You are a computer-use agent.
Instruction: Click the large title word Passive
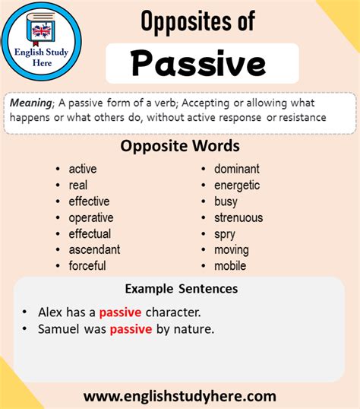point(199,63)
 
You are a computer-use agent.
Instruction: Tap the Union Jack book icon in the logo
point(41,29)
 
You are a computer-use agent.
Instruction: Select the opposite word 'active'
point(83,169)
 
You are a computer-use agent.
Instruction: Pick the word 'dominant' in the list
point(237,169)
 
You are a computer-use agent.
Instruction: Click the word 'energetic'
point(237,185)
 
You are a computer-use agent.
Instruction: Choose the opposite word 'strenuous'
point(238,217)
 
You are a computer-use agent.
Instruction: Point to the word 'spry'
point(225,234)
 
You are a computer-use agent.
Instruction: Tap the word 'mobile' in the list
point(230,266)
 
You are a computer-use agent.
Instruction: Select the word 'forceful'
point(87,266)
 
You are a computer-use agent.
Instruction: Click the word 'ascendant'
point(94,249)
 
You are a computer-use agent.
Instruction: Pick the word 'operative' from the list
point(91,218)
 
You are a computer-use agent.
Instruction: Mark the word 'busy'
point(226,201)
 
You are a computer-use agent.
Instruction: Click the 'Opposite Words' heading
point(180,146)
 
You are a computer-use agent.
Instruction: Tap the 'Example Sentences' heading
point(182,289)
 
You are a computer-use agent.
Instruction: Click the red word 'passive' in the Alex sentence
point(120,312)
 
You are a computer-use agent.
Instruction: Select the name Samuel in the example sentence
point(58,328)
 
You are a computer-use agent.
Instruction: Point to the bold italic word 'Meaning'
point(31,103)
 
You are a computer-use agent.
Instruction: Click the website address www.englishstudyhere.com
point(180,397)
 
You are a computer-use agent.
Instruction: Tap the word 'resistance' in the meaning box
point(302,118)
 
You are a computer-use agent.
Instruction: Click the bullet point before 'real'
point(58,185)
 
